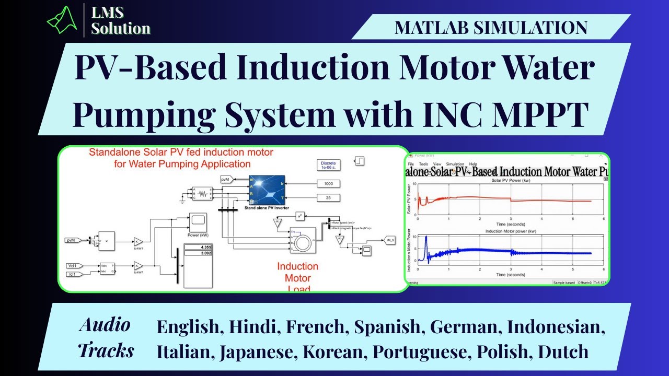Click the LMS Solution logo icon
click(62, 20)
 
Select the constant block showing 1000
click(328, 184)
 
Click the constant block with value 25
click(328, 197)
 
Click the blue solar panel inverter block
click(267, 190)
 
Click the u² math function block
click(300, 216)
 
